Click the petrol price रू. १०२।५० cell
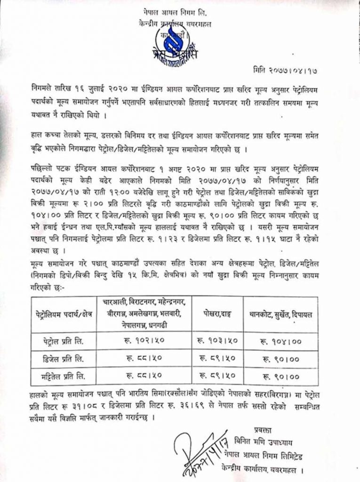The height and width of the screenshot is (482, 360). click(145, 339)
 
